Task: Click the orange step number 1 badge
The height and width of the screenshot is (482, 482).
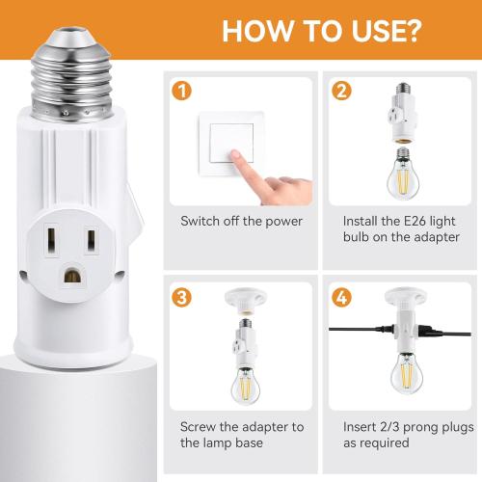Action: click(x=177, y=94)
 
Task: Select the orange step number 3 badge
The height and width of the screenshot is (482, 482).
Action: click(x=177, y=295)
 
